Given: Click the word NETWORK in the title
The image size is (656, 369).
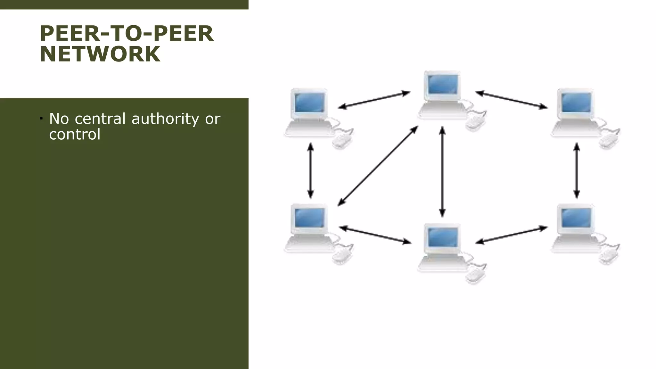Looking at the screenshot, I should (x=100, y=54).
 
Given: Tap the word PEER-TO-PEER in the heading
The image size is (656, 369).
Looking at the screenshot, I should (x=127, y=34).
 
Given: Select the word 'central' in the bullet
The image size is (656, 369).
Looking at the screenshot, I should (x=100, y=119).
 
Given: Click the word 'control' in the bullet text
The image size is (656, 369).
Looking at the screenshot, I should (x=75, y=134).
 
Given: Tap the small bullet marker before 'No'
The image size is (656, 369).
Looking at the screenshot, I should (x=42, y=119).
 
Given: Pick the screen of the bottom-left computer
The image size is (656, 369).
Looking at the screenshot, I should (x=309, y=217).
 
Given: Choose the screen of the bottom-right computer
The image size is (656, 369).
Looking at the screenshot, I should (x=576, y=217).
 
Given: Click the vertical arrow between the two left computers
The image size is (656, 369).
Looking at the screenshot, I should (x=310, y=171).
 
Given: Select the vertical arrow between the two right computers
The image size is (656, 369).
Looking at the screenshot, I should (x=577, y=171).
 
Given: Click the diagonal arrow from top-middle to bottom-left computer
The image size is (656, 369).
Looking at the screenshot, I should (x=378, y=166).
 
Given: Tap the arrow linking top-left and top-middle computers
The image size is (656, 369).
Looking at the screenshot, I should (x=374, y=100).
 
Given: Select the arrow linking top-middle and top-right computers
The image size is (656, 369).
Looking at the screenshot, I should (x=511, y=100).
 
